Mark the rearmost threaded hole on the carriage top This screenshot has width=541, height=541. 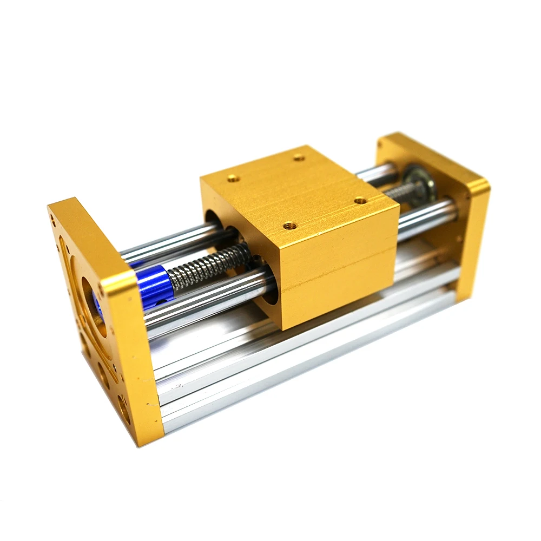(x=298, y=157)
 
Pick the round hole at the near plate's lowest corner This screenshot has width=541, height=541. (x=124, y=414)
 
